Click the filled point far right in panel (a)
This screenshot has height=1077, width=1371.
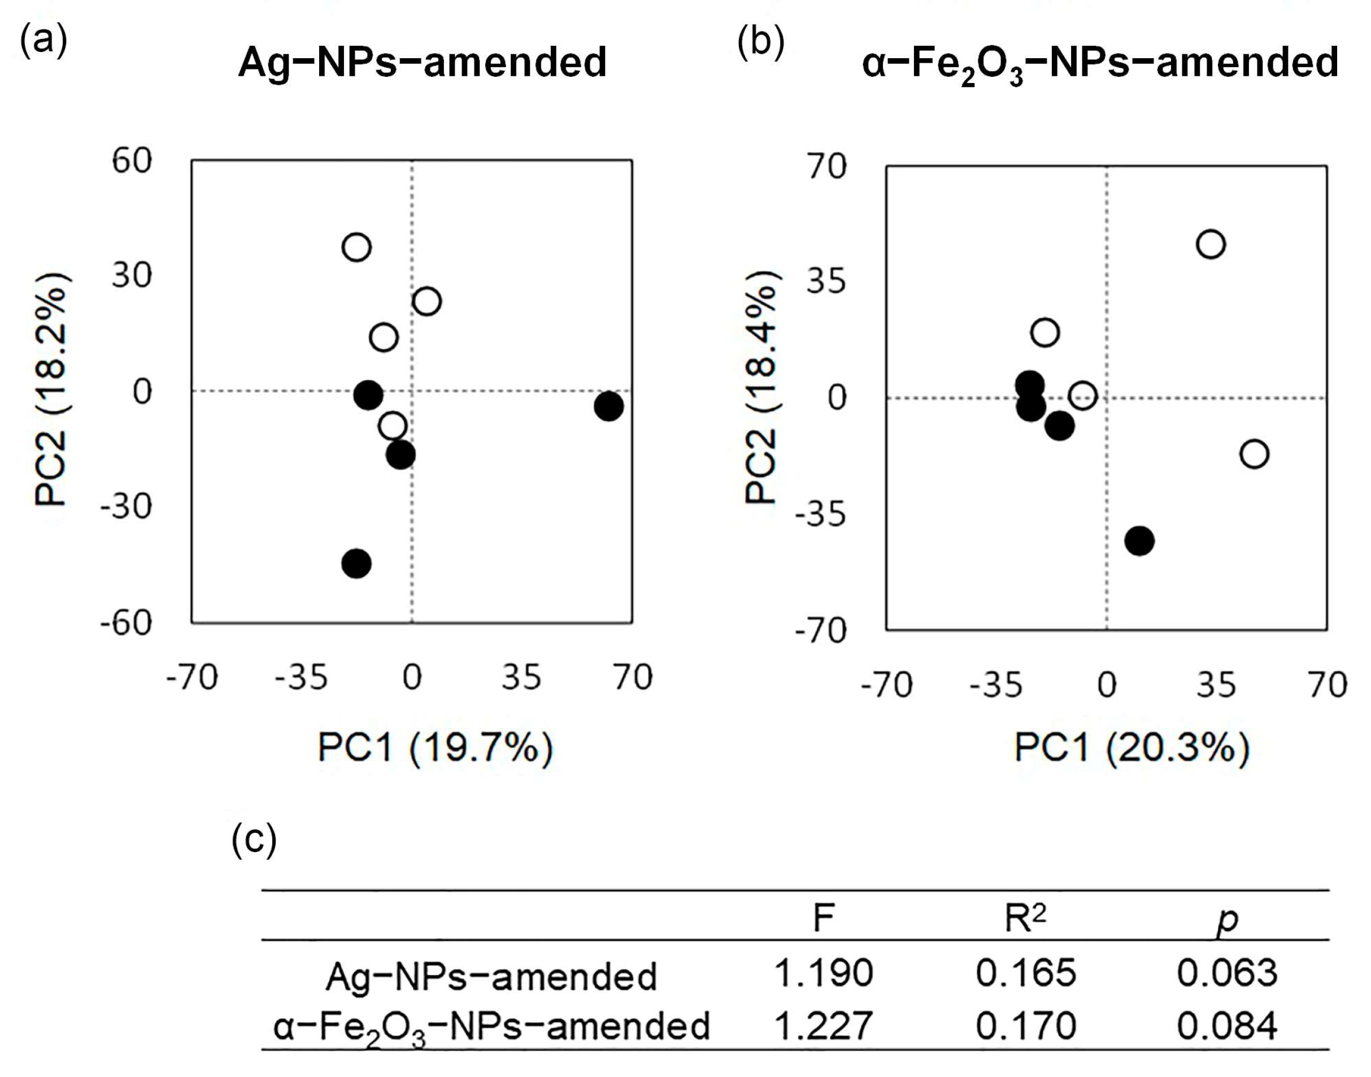pos(608,406)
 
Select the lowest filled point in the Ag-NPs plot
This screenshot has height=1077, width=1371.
pos(356,563)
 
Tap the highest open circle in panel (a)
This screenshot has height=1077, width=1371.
pos(356,246)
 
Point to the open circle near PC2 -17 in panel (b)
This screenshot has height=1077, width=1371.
pos(1254,454)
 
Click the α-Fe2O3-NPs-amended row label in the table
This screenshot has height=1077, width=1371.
pos(491,1027)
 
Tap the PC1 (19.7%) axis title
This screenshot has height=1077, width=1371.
pos(435,749)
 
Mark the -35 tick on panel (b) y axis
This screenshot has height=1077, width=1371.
pos(820,514)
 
